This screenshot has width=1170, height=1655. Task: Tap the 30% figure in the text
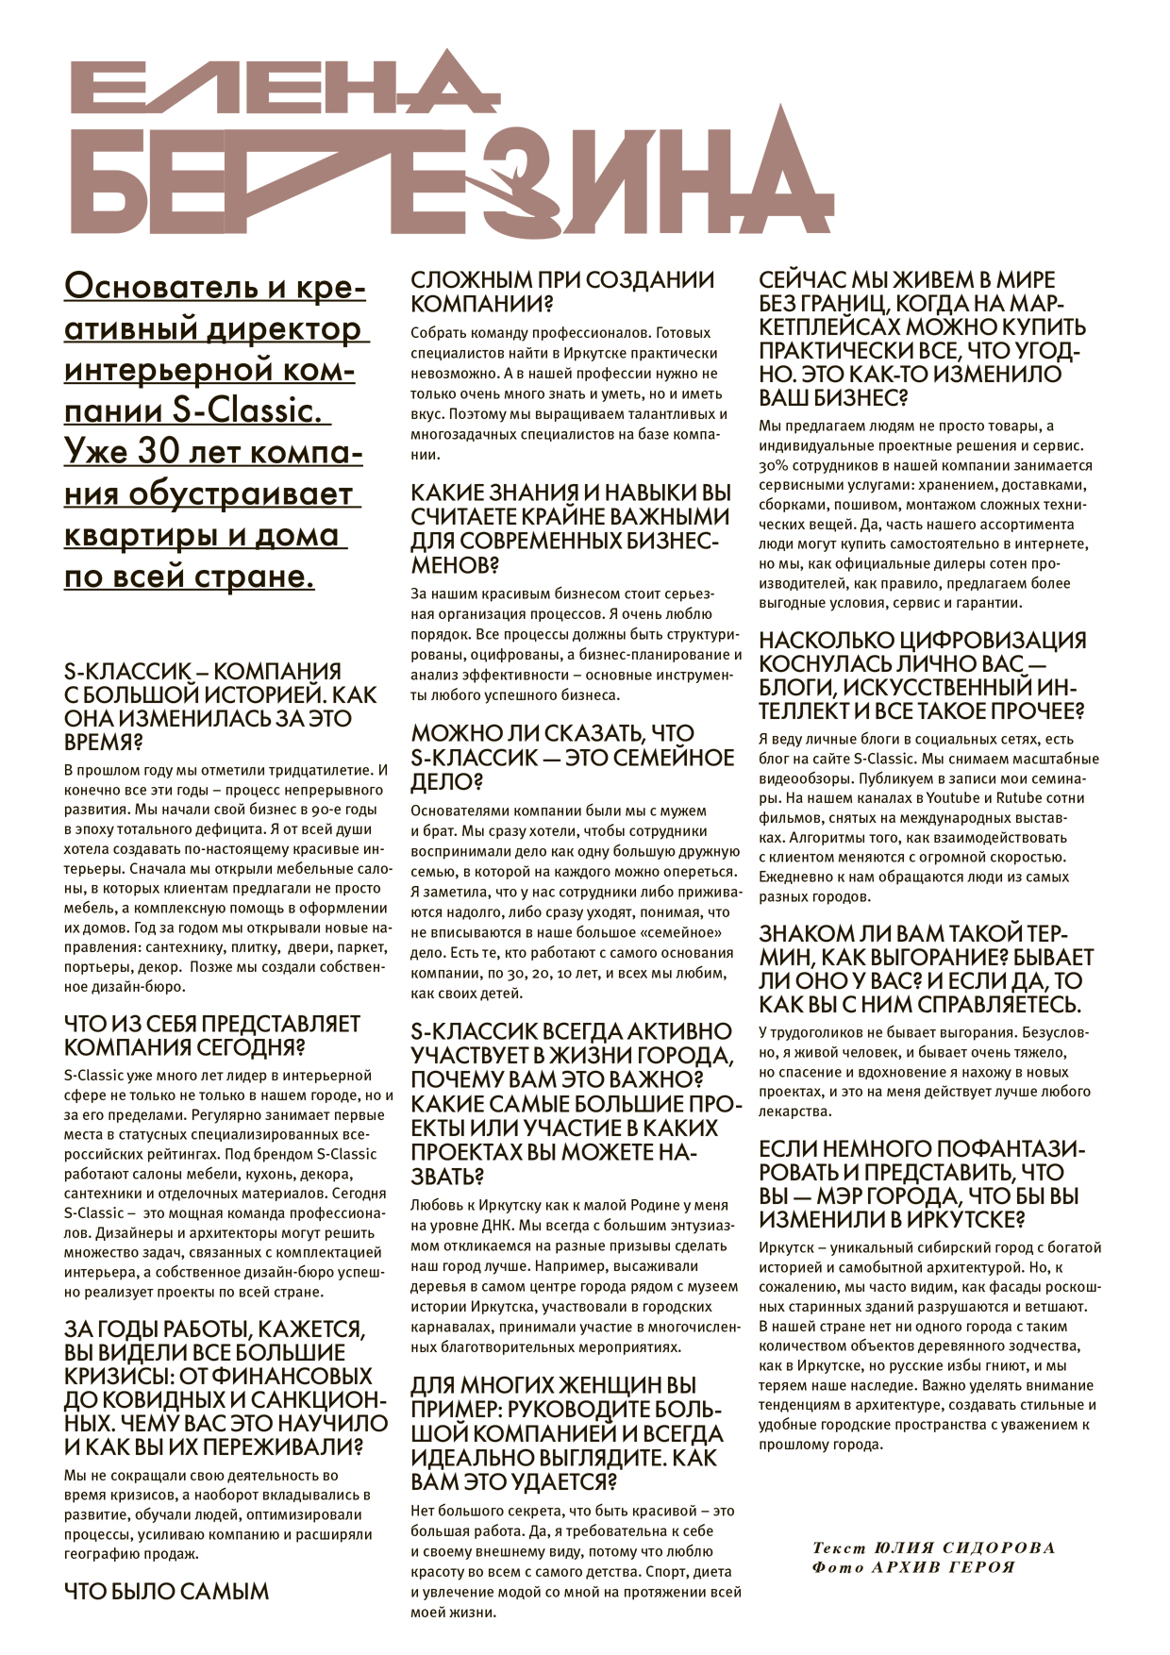(x=775, y=465)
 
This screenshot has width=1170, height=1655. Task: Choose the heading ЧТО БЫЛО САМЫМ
(x=166, y=1592)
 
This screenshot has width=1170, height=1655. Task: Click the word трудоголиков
(x=816, y=1032)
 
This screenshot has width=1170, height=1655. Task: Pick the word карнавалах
(x=449, y=1328)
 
